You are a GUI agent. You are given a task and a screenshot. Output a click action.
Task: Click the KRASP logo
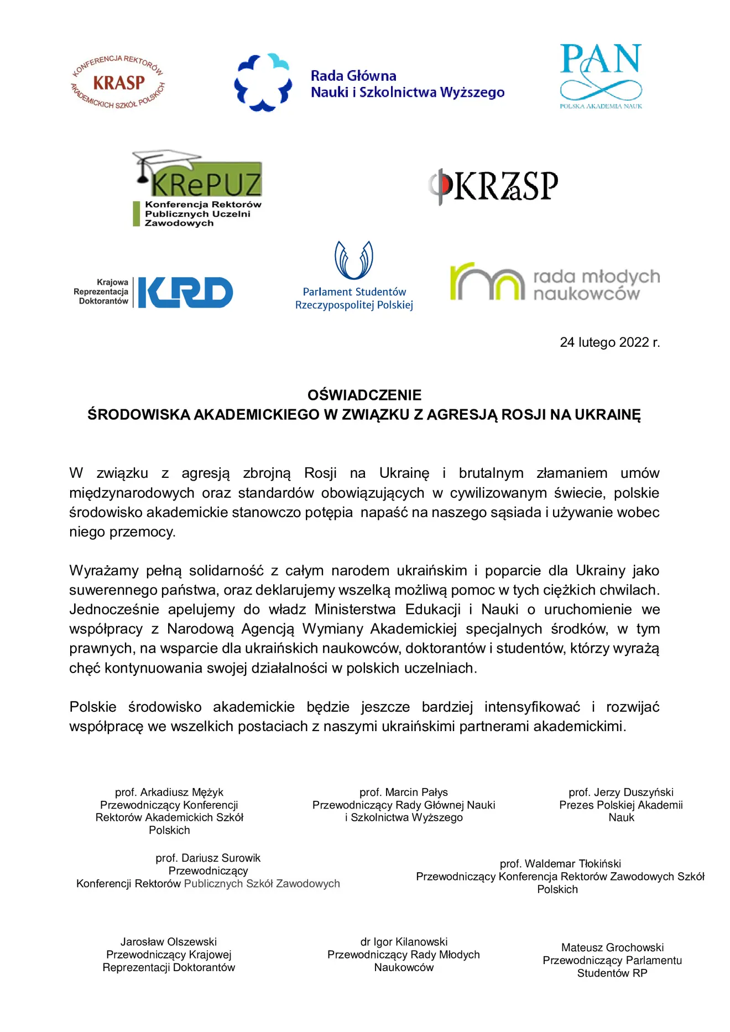point(118,82)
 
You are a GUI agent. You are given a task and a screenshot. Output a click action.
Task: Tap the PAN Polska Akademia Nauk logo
point(601,76)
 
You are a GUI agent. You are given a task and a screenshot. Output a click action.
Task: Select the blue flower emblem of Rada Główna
point(263,82)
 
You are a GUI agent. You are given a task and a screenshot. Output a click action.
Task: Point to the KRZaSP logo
point(493,186)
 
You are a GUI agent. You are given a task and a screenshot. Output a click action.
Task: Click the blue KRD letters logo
point(185,293)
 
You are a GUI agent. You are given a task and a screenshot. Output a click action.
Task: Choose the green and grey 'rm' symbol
point(487,282)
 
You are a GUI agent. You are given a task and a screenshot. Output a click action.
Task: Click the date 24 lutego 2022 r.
point(609,342)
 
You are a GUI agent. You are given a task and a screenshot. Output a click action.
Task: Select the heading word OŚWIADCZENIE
point(364,395)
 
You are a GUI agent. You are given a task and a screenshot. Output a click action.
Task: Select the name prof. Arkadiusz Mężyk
point(169,793)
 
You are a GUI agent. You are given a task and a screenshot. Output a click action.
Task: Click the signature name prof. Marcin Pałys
point(404,793)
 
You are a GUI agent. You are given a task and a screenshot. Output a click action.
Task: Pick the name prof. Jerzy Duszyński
point(620,793)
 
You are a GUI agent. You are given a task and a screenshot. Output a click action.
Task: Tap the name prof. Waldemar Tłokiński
point(560,864)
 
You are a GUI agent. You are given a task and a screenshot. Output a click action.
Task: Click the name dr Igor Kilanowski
point(404,942)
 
